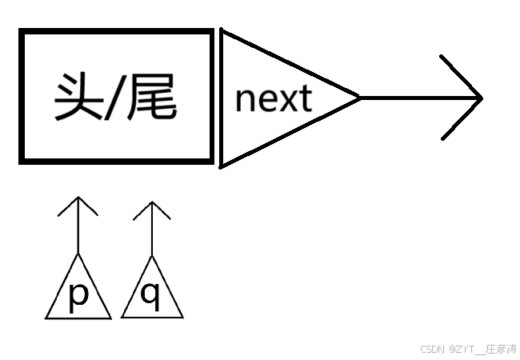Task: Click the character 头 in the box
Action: tap(75, 98)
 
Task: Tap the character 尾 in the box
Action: tap(152, 98)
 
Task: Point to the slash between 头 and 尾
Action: tap(114, 98)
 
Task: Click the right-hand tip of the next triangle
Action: tap(359, 98)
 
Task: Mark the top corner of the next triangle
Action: tap(222, 31)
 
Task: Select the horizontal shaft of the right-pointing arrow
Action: tap(416, 98)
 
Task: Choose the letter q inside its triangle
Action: tap(150, 294)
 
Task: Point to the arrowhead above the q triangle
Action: tap(151, 203)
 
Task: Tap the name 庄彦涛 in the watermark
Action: tap(502, 350)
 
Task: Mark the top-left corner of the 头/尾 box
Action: tap(22, 32)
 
